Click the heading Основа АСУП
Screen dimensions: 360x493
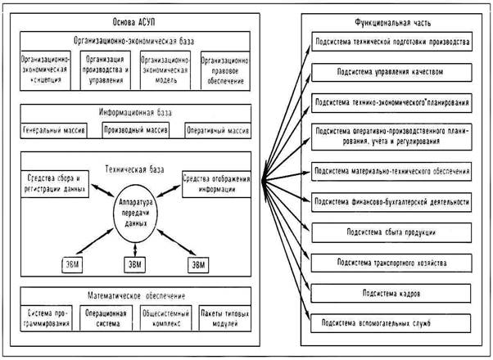point(133,20)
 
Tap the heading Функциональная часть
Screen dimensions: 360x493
point(388,24)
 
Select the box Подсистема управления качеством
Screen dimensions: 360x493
point(391,72)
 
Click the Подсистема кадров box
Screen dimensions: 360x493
point(391,294)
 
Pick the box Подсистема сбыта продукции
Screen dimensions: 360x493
point(391,233)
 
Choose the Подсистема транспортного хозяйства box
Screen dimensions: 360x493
point(391,263)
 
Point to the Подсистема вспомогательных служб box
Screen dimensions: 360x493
point(391,324)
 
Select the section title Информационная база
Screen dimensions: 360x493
point(133,114)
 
